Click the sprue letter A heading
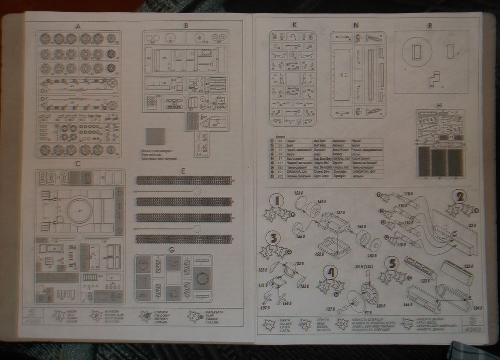click(x=78, y=26)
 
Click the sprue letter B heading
click(x=186, y=26)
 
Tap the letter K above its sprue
click(x=294, y=25)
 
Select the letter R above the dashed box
click(x=429, y=26)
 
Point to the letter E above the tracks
click(x=183, y=171)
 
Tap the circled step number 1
click(x=277, y=200)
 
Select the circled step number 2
click(x=460, y=197)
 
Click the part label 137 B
click(x=341, y=213)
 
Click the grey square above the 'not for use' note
click(x=155, y=137)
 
